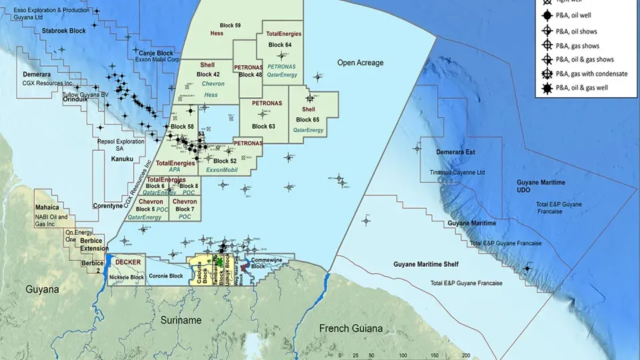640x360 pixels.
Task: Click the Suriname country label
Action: [x=181, y=321]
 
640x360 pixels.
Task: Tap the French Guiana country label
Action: [x=351, y=329]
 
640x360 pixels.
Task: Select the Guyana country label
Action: [x=43, y=290]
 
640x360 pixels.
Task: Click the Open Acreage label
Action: [x=360, y=63]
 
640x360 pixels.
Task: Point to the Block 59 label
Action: [x=230, y=25]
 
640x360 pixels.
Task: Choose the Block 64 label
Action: [x=280, y=45]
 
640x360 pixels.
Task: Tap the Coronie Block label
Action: [x=167, y=276]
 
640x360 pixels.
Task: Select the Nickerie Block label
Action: [x=127, y=277]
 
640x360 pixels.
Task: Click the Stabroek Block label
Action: [x=64, y=31]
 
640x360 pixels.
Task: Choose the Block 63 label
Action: [x=263, y=126]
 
